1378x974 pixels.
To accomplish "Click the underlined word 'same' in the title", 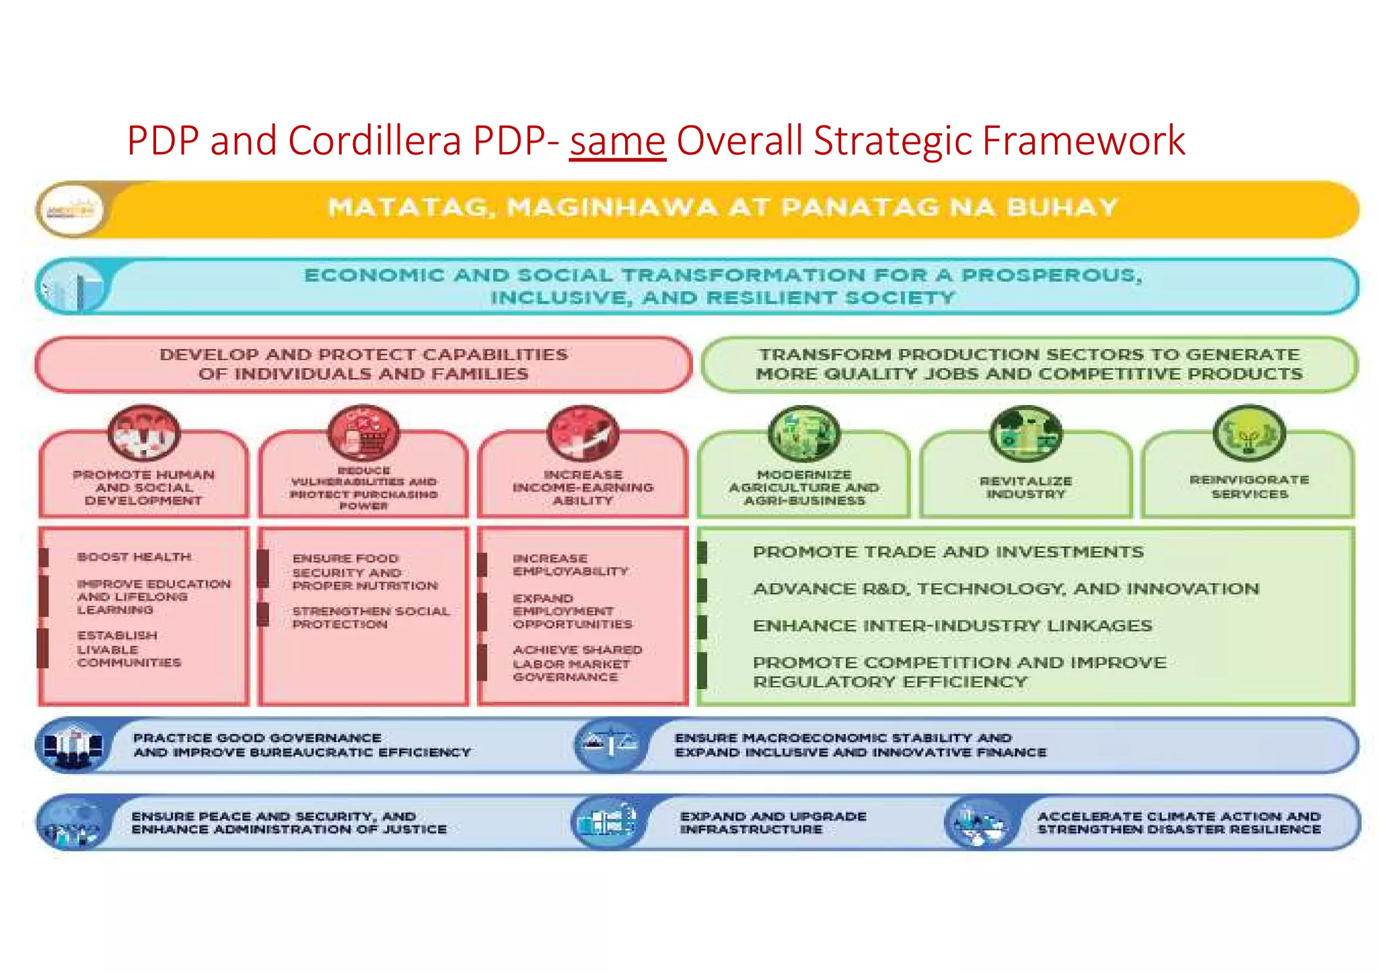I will pyautogui.click(x=617, y=141).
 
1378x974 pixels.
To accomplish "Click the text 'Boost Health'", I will pyautogui.click(x=134, y=557).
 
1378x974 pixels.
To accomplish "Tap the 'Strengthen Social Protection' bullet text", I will pyautogui.click(x=370, y=617).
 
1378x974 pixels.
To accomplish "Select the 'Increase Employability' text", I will pyautogui.click(x=569, y=564).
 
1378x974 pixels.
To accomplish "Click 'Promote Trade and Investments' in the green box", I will pyautogui.click(x=947, y=552).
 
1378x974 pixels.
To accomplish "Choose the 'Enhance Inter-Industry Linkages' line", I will pyautogui.click(x=952, y=626).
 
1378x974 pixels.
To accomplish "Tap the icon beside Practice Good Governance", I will pyautogui.click(x=73, y=745).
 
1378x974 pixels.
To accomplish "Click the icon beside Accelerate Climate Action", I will pyautogui.click(x=980, y=823).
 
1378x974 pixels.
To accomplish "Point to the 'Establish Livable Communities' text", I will pyautogui.click(x=128, y=649).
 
